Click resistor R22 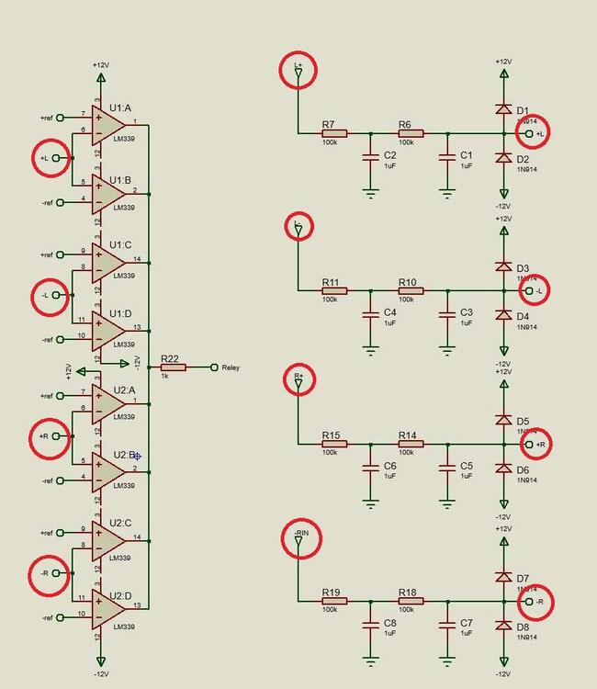click(x=173, y=367)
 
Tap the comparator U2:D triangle click(x=108, y=606)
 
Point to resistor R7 click(x=334, y=134)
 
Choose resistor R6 click(x=410, y=134)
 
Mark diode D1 click(x=503, y=108)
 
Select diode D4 click(x=503, y=315)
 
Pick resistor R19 click(x=334, y=603)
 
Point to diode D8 click(x=503, y=626)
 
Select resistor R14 click(x=410, y=445)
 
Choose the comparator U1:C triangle click(x=108, y=262)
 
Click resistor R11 click(x=334, y=290)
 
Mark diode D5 click(x=503, y=420)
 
